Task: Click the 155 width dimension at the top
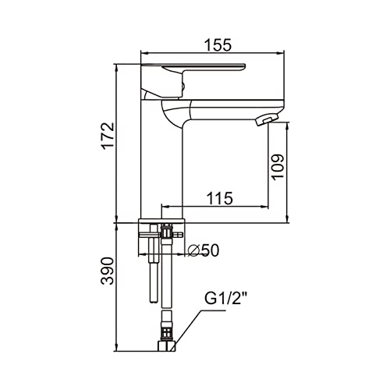[x=218, y=44]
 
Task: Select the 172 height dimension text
[x=108, y=136]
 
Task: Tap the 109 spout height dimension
[x=278, y=167]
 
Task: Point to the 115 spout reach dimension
[x=220, y=198]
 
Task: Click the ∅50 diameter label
[x=204, y=250]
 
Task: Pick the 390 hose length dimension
[x=108, y=271]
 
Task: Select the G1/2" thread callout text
[x=225, y=299]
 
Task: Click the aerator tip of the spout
[x=265, y=121]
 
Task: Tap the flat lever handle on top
[x=193, y=68]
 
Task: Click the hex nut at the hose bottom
[x=167, y=346]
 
